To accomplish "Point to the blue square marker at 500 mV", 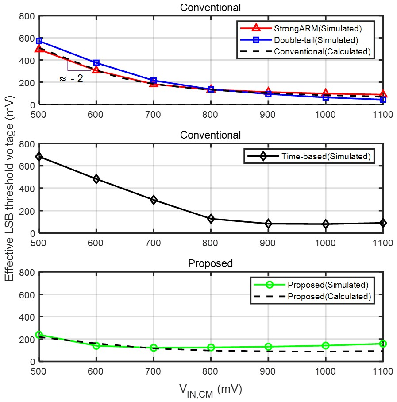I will pos(39,41).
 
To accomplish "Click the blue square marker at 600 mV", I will pos(96,63).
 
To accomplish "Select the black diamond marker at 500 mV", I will pos(39,156).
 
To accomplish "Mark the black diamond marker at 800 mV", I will pos(211,218).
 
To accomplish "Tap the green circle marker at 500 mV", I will pos(39,335).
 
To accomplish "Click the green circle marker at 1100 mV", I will pos(383,344).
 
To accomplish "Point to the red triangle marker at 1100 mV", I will pos(383,94).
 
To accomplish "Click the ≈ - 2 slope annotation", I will pos(71,80).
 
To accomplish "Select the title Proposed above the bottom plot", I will pos(211,263).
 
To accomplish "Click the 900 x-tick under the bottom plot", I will pos(268,371).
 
